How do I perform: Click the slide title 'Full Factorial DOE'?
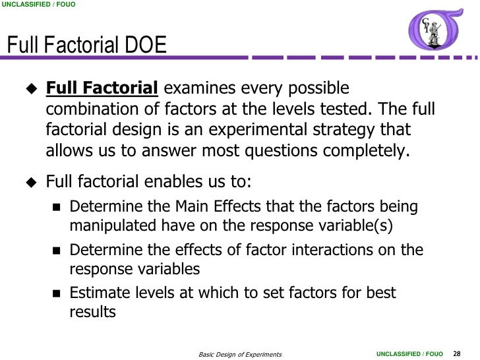point(86,45)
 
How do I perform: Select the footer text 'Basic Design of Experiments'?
point(240,355)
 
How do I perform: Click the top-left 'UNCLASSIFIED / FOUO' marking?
point(38,5)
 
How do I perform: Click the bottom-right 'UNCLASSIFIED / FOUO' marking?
point(409,354)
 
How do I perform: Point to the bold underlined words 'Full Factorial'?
point(102,89)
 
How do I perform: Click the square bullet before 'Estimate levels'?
point(55,293)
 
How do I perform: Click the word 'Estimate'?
point(100,293)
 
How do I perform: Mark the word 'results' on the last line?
point(92,313)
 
